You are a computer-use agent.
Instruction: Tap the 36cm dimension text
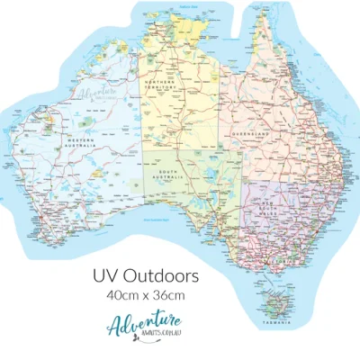(170, 293)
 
